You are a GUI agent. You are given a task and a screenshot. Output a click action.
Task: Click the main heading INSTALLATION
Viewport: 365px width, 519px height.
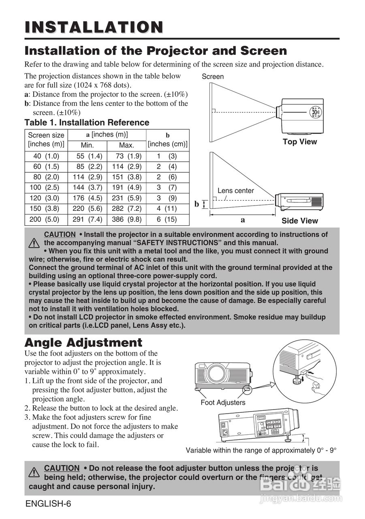coord(94,27)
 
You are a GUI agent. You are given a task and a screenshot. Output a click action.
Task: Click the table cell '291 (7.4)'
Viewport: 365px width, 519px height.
coord(87,219)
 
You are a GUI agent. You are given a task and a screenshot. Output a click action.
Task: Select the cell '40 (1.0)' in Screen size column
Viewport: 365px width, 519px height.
coord(46,156)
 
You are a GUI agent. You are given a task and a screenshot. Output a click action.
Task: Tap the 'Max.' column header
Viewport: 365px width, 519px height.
coord(126,145)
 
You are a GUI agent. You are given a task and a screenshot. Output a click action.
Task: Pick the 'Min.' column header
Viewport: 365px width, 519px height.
coord(87,145)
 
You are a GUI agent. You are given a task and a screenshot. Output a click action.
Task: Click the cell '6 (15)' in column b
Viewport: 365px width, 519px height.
coord(167,219)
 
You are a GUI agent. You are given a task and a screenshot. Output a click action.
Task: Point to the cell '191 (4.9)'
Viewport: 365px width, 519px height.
coord(126,188)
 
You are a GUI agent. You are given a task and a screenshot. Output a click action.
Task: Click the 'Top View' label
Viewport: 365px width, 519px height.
coord(300,142)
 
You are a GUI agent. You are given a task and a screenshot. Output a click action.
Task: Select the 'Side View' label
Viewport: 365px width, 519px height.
coord(300,221)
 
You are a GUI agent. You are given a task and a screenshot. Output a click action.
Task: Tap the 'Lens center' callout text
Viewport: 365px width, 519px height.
coord(236,191)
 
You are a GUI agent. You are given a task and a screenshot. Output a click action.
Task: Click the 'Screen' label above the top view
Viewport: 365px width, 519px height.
coord(213,76)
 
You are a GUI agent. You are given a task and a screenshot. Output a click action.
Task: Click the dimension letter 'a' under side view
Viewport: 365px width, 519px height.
coord(243,220)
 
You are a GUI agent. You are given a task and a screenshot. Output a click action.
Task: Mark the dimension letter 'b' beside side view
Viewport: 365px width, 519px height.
coord(197,204)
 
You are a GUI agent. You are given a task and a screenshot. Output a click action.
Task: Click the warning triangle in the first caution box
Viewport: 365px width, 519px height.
coord(34,243)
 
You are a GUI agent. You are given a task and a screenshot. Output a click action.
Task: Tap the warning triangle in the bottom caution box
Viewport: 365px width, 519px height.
coord(34,472)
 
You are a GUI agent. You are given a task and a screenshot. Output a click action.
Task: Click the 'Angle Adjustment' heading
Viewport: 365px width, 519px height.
coord(83,342)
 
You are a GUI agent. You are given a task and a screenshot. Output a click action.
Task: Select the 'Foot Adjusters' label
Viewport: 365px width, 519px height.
coord(223,403)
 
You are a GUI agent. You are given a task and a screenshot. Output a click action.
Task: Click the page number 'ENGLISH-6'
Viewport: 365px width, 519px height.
coord(48,504)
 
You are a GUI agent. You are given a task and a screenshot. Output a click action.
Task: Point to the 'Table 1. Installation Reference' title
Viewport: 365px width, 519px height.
coord(87,122)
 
